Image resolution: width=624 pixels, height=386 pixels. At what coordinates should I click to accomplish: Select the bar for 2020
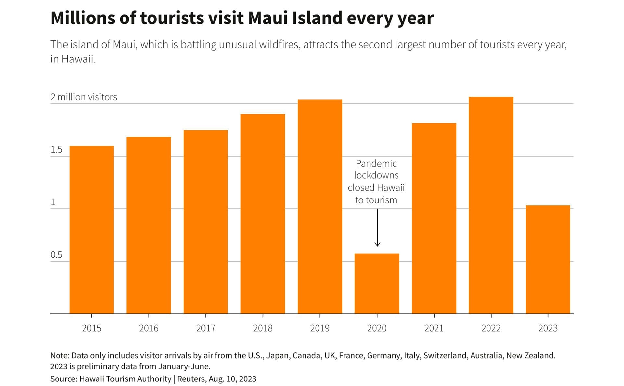tap(377, 283)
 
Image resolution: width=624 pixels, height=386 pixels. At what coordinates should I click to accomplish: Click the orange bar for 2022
tap(491, 205)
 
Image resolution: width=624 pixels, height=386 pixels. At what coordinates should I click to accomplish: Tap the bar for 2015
tap(91, 230)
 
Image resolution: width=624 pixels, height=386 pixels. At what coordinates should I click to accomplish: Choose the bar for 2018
tap(263, 214)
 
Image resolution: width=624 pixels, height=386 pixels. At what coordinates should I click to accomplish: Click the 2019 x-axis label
tap(319, 328)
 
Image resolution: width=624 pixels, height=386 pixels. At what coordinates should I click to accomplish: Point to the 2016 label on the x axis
tap(149, 328)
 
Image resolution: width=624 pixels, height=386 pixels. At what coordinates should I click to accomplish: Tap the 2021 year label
tap(434, 328)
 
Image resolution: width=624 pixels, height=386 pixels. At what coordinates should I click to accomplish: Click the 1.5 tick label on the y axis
tap(56, 150)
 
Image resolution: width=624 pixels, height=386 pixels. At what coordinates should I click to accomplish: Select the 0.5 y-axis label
tap(56, 255)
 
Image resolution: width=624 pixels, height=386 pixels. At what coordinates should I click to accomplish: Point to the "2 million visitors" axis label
tap(84, 97)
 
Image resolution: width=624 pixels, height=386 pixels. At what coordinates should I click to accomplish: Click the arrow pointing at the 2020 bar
tap(377, 228)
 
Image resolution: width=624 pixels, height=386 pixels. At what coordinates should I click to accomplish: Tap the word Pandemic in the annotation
tap(376, 163)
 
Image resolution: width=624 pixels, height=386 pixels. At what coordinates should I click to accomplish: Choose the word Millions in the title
tap(83, 18)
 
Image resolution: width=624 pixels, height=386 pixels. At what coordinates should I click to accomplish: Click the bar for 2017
tap(205, 222)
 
